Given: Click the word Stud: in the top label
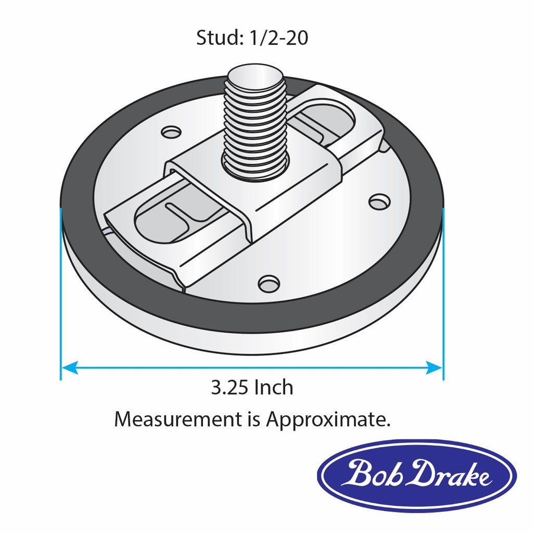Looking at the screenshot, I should [x=218, y=38].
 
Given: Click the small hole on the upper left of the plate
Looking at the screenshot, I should [x=170, y=132].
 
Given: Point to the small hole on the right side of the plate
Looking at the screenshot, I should [x=378, y=201].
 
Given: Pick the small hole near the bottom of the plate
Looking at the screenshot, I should [x=269, y=284].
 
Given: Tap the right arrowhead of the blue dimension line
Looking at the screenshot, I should [x=434, y=367].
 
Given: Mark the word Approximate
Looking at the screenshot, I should [x=328, y=420].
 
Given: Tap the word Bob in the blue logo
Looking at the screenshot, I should [x=370, y=474].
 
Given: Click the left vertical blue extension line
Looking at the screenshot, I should [x=61, y=291].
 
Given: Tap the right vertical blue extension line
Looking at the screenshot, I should [x=443, y=291].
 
